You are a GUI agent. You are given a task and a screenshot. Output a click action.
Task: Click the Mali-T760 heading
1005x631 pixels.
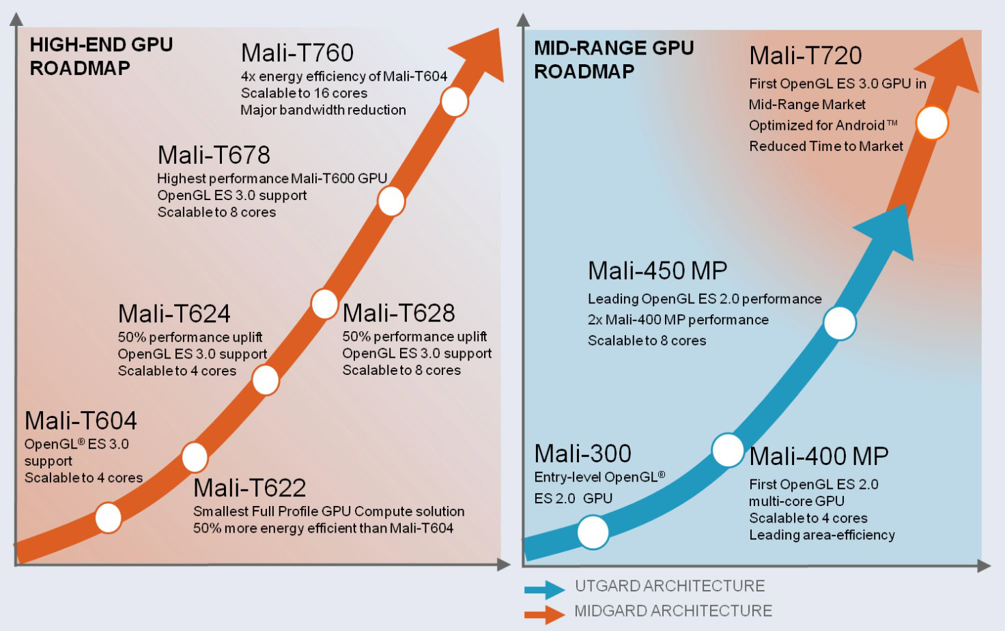coord(297,53)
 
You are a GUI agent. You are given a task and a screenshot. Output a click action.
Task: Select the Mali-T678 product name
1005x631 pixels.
coord(214,155)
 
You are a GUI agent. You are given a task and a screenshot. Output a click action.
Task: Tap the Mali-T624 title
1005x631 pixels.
coord(174,314)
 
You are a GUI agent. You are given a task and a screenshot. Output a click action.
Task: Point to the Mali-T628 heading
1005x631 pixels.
coord(399,313)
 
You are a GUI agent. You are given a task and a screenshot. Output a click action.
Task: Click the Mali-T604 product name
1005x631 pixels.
coord(81,421)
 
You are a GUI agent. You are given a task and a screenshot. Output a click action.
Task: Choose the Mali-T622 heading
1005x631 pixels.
coord(249,488)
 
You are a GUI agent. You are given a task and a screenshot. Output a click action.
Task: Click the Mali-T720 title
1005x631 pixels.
coord(805,55)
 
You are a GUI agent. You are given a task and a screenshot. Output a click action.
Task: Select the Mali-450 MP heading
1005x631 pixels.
coord(657,270)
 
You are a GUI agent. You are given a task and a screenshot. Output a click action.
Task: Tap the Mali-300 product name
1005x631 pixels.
coord(582,453)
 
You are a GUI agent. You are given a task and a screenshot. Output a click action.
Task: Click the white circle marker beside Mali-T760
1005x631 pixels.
coord(454,102)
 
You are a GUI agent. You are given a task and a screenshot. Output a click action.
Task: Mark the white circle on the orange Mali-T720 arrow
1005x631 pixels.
coord(932,123)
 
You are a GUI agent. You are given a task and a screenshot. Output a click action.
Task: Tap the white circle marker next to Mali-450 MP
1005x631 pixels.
coord(839,323)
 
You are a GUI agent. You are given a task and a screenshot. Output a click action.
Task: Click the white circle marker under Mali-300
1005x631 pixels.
coord(593,532)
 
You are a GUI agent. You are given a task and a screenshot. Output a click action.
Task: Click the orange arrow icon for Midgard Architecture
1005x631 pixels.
coord(544,613)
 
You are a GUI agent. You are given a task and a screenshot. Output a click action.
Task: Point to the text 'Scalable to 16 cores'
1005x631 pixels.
coord(304,93)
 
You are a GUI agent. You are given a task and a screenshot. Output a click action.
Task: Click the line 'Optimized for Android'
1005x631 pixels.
coord(823,126)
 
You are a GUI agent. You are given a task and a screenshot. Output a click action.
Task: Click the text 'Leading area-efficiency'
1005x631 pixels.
coord(821,535)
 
